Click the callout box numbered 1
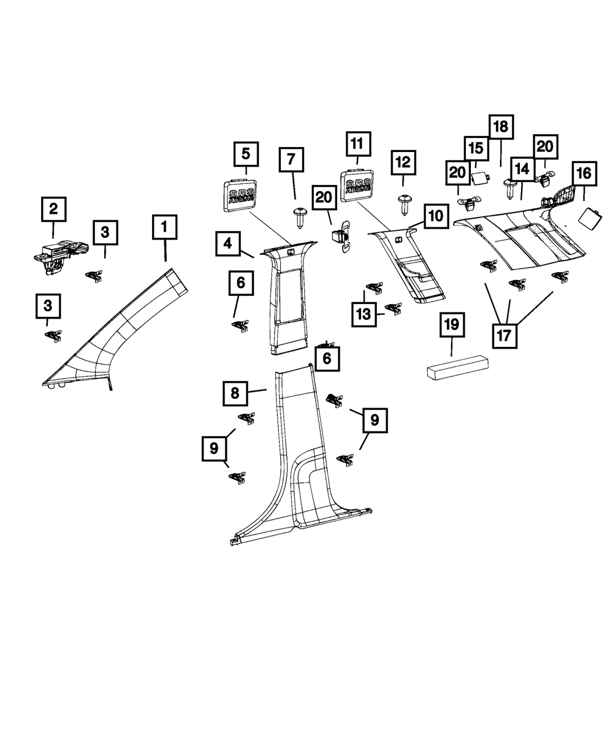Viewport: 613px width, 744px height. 164,227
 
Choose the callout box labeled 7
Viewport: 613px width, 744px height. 291,160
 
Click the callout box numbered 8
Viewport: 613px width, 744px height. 235,392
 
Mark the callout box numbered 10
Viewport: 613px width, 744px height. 435,216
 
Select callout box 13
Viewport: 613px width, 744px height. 364,314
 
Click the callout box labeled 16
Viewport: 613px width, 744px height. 584,174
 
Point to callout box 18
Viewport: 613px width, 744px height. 501,127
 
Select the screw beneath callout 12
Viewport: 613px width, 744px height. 404,202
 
